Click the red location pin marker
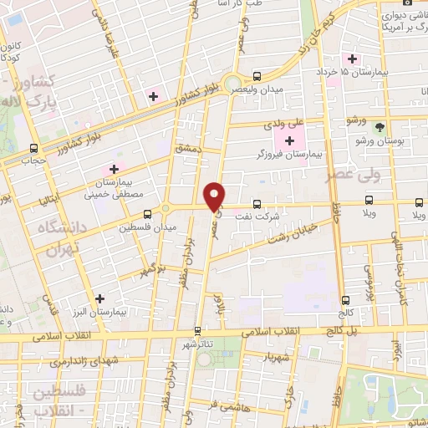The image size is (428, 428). (215, 195)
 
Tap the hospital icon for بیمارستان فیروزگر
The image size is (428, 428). (290, 140)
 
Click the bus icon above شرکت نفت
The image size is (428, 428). (256, 202)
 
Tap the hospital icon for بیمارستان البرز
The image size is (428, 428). (99, 298)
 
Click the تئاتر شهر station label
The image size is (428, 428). (198, 344)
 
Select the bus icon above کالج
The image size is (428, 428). (344, 301)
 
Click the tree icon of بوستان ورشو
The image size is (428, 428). (381, 127)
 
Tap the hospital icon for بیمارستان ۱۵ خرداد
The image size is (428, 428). (353, 59)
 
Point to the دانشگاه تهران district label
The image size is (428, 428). (53, 237)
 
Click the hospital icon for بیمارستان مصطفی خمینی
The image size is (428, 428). (114, 169)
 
